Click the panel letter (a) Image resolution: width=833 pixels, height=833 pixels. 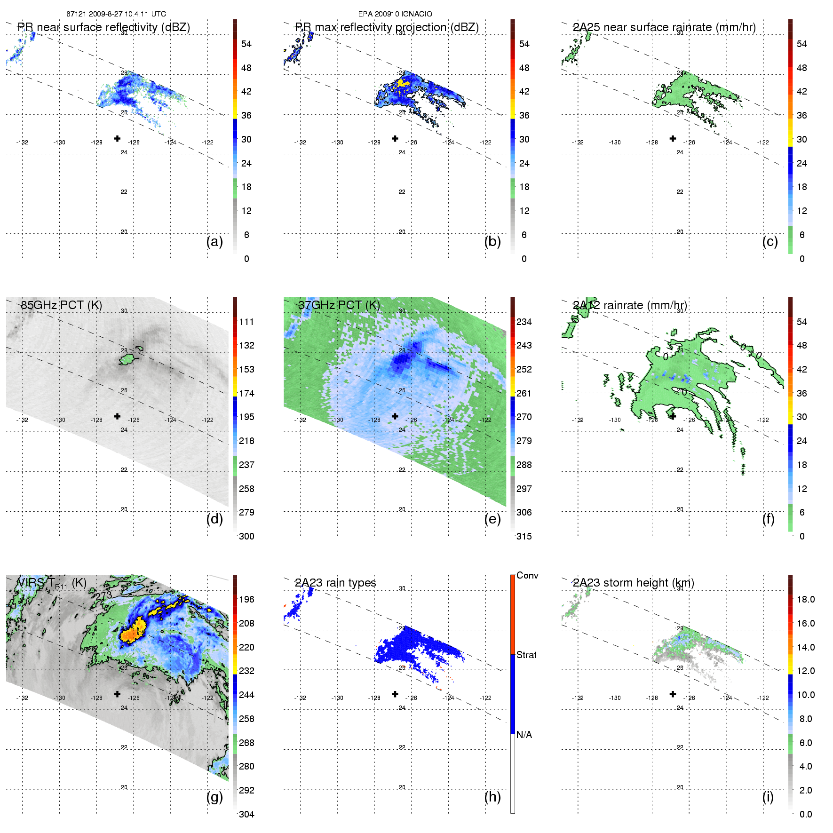[x=214, y=242]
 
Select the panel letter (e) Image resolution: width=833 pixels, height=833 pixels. [x=492, y=519]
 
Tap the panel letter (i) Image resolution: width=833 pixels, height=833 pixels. [x=768, y=797]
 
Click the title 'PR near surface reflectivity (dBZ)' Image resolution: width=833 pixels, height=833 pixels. [x=104, y=27]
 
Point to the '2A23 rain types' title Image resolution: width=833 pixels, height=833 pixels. [x=335, y=583]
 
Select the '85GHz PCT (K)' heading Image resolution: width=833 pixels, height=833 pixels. [x=62, y=305]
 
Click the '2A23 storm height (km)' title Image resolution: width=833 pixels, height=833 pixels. [x=633, y=583]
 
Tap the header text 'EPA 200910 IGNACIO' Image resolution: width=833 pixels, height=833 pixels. [x=395, y=14]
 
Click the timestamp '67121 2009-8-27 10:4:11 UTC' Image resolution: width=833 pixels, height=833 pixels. [x=116, y=14]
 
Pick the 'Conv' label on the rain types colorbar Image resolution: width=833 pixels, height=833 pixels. [x=527, y=575]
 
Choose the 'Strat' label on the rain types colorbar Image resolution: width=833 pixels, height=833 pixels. [x=526, y=655]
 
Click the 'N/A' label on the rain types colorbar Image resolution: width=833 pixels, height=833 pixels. [x=524, y=735]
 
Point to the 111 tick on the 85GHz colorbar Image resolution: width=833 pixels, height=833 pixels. [x=246, y=322]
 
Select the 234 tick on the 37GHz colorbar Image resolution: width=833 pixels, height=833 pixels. [x=524, y=322]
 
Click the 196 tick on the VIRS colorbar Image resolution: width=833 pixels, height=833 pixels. [x=246, y=599]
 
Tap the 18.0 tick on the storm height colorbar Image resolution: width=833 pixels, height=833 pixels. [x=806, y=599]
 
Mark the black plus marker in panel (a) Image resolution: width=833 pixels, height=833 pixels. [x=117, y=138]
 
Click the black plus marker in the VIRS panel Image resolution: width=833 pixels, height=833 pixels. [x=117, y=694]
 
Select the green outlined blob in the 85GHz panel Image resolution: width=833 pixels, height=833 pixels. [x=127, y=360]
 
